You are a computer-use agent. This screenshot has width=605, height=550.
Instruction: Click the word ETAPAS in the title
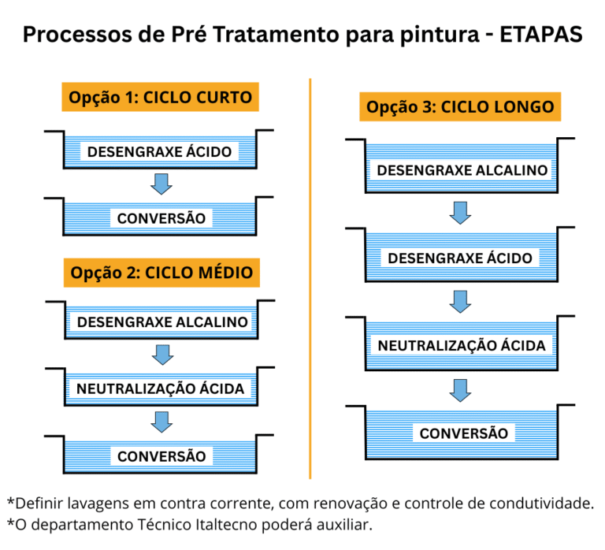coord(541,35)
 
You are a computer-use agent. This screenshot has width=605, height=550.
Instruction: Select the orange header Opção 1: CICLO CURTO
coord(160,97)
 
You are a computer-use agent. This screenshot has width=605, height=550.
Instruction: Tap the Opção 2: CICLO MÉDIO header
coord(161,273)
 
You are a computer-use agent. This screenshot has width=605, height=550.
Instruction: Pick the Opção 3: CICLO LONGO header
coord(460,106)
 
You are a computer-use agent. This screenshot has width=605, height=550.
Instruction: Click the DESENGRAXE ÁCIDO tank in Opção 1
coord(159,151)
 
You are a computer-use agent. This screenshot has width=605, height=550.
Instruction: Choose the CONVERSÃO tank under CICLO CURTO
coord(159,217)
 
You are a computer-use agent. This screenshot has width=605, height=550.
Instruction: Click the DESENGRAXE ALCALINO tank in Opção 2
coord(161,321)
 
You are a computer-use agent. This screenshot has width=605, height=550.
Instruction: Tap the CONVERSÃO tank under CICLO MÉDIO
coord(159,455)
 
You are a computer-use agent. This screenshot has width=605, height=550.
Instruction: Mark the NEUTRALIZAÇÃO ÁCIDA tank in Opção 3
coord(461,344)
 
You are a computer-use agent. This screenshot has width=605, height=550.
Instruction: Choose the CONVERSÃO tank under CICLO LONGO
coord(461,433)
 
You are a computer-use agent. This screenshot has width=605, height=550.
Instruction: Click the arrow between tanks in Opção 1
coord(161,184)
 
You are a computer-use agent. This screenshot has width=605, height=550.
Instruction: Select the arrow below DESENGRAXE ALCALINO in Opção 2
coord(162,355)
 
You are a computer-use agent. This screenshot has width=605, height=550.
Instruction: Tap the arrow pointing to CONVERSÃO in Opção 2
coord(161,422)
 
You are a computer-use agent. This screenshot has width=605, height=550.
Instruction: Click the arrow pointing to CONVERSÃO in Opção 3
coord(460,391)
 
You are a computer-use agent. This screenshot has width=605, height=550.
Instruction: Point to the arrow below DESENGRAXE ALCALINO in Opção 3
coord(460,213)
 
